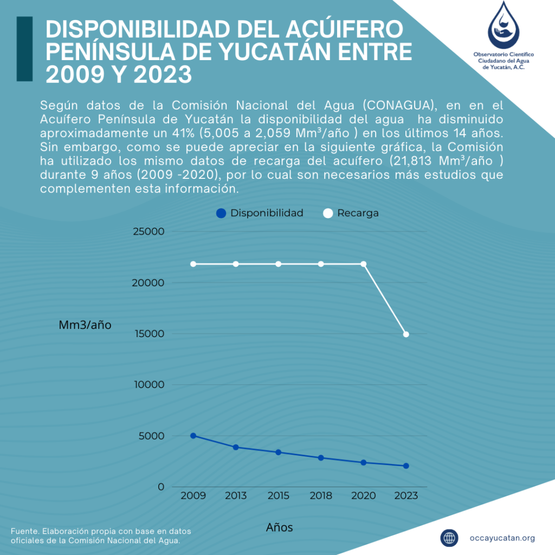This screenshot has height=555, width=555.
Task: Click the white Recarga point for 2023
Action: pyautogui.click(x=406, y=334)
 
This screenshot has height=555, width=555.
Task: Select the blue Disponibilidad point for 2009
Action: pyautogui.click(x=193, y=436)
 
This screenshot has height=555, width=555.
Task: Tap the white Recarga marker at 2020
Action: pyautogui.click(x=363, y=264)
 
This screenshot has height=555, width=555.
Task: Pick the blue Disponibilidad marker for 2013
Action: pyautogui.click(x=236, y=447)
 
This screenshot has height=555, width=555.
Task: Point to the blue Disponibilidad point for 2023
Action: pyautogui.click(x=406, y=466)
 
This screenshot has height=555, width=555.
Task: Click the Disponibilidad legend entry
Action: pyautogui.click(x=260, y=213)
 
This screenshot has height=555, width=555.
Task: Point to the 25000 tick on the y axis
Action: pyautogui.click(x=149, y=232)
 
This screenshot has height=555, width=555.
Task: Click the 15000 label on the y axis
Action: pyautogui.click(x=149, y=334)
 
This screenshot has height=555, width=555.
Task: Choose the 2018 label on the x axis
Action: pyautogui.click(x=321, y=495)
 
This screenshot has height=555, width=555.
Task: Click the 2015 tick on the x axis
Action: pyautogui.click(x=279, y=495)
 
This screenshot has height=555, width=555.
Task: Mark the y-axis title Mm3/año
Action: pyautogui.click(x=85, y=325)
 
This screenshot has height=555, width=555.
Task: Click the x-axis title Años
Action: pyautogui.click(x=280, y=527)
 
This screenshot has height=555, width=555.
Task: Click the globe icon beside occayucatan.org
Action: pyautogui.click(x=449, y=538)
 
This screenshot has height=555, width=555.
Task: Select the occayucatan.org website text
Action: pyautogui.click(x=502, y=538)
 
